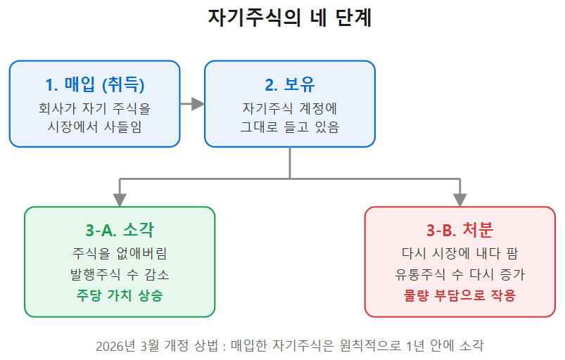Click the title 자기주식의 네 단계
[290, 18]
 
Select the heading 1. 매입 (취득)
[95, 84]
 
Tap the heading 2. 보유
[290, 84]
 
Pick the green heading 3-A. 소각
[120, 230]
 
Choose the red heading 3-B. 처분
[459, 230]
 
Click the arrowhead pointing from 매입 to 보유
[198, 104]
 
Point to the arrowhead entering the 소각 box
[120, 200]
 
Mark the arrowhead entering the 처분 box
[459, 200]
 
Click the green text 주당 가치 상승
[120, 295]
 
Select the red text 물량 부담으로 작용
[459, 295]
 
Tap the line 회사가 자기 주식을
[95, 108]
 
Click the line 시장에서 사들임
[95, 127]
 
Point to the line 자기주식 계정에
[290, 108]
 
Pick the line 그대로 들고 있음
[290, 127]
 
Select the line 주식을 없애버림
[120, 253]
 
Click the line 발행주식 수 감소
[120, 275]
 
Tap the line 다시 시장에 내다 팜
[459, 253]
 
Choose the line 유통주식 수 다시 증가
[459, 275]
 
